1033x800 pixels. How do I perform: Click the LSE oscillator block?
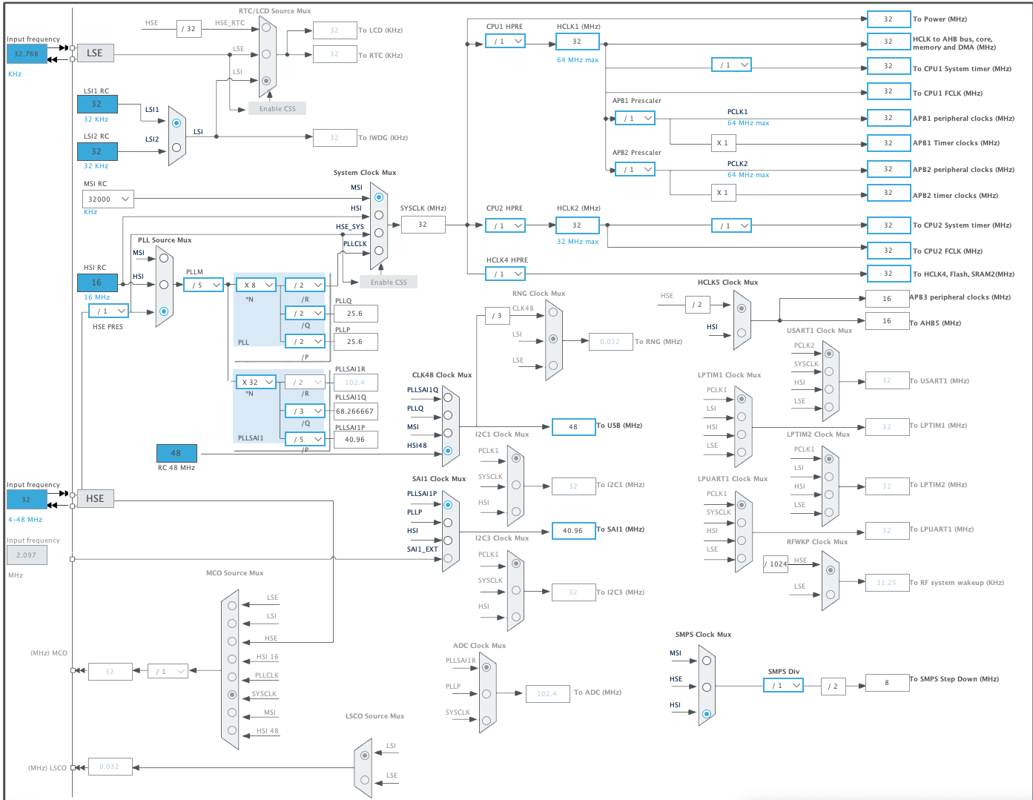[x=95, y=53]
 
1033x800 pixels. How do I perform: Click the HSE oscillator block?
[x=95, y=498]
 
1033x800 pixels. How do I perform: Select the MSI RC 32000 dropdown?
[x=108, y=199]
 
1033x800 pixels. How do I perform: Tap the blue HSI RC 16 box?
[x=97, y=282]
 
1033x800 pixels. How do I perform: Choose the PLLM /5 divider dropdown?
[x=203, y=285]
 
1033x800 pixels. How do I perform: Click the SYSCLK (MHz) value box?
[x=423, y=224]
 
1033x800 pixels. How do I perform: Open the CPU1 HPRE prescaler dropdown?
[x=506, y=42]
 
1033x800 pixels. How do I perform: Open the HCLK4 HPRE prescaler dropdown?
[x=506, y=274]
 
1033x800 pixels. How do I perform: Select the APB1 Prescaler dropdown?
[x=635, y=118]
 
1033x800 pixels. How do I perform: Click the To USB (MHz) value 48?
[x=573, y=427]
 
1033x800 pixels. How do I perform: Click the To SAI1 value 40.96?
[x=573, y=531]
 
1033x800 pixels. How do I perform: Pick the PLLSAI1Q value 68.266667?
[x=355, y=411]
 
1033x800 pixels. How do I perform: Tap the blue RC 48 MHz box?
[x=176, y=453]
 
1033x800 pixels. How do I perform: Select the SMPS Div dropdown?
[x=783, y=686]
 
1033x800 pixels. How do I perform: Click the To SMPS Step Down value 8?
[x=887, y=683]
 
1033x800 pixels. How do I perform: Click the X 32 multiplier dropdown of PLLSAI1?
[x=256, y=383]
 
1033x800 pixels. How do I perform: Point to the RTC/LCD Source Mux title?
[x=274, y=11]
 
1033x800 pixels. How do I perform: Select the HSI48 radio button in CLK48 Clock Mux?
[x=448, y=451]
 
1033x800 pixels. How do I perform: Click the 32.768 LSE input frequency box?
[x=27, y=53]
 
